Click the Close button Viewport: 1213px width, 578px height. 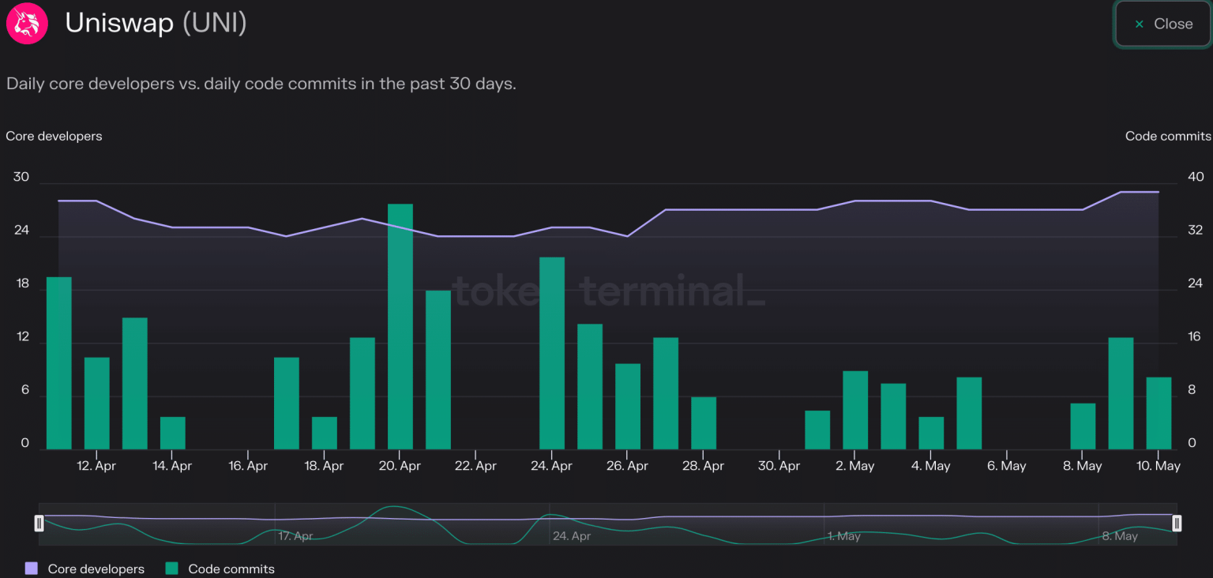pos(1162,24)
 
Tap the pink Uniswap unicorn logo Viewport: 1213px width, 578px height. pos(27,23)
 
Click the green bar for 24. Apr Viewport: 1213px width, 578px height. pos(552,353)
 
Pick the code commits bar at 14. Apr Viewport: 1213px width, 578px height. pos(173,433)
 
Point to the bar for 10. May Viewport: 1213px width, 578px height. pos(1159,413)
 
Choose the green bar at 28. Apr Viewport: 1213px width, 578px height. pos(704,422)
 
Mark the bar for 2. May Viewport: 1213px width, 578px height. pos(855,410)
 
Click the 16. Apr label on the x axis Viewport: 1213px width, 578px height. pos(248,466)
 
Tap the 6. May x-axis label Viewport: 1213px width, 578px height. pos(1007,466)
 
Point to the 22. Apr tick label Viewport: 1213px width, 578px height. pos(475,466)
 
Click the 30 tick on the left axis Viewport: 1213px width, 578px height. pos(21,177)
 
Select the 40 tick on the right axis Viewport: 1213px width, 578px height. pos(1196,177)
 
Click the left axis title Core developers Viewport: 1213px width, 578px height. pos(54,136)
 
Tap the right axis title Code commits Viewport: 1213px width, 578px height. pos(1168,136)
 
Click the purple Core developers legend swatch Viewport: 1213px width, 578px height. pos(32,569)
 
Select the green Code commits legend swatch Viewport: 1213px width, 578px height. pos(172,569)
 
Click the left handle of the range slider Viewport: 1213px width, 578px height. pos(39,523)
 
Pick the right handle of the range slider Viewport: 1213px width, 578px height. pos(1177,523)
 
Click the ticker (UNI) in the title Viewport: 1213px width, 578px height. pos(215,23)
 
